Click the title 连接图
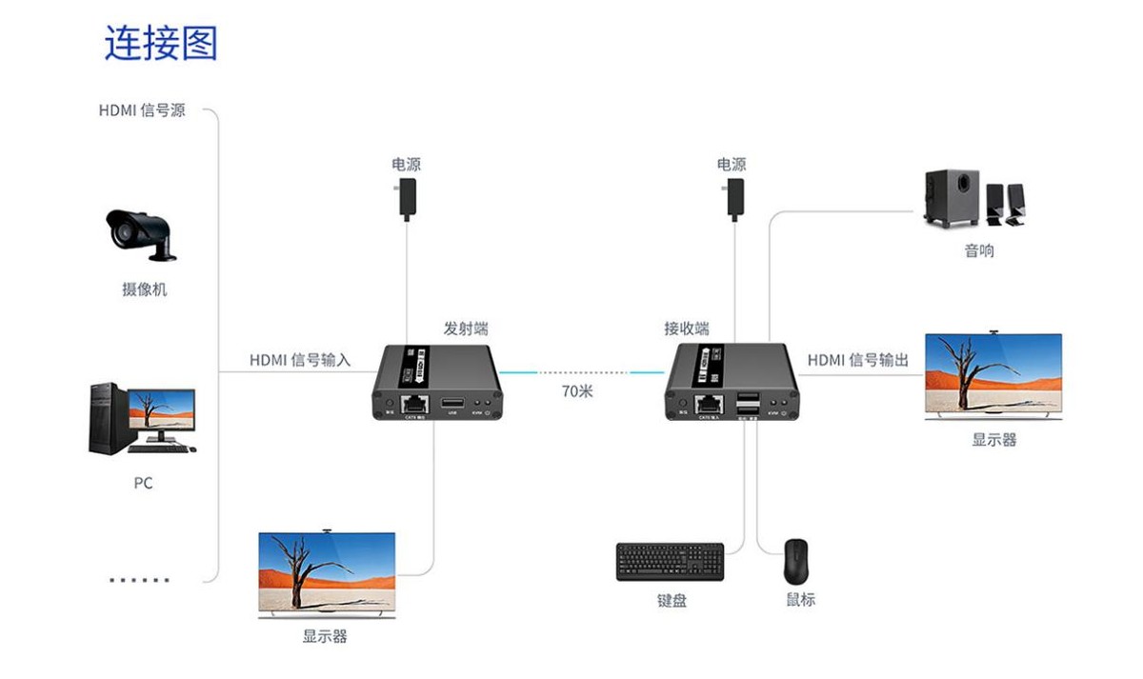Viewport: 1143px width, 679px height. point(161,44)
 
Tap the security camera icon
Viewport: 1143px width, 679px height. point(141,233)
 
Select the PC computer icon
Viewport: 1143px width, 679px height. point(142,418)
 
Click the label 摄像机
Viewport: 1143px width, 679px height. point(144,290)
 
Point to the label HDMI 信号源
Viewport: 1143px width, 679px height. point(142,110)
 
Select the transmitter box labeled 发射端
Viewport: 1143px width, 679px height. point(436,381)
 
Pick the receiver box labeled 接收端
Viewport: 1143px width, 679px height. point(731,381)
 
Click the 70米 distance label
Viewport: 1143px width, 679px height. point(577,390)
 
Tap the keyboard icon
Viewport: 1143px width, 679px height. point(670,562)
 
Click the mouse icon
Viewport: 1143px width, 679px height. point(795,562)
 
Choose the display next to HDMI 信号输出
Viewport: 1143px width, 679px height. point(993,376)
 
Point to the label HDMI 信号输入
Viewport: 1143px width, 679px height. point(300,360)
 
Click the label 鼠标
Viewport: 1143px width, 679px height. point(800,600)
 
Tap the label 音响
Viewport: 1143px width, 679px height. point(978,251)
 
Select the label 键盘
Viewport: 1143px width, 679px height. point(672,601)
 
